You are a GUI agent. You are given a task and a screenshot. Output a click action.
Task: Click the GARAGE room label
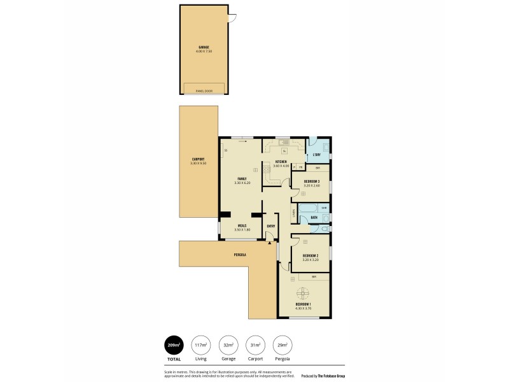pos(204,47)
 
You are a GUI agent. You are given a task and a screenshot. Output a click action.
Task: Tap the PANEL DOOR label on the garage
pos(204,91)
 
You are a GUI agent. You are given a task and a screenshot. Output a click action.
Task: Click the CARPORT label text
pos(198,159)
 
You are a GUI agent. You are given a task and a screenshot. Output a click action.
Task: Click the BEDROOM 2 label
pos(310,256)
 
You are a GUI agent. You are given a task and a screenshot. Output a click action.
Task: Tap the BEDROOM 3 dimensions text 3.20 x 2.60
pos(311,186)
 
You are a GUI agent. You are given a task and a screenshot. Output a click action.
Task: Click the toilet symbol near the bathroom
pos(325,227)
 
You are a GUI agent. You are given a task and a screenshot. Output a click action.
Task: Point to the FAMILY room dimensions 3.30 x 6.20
pos(242,183)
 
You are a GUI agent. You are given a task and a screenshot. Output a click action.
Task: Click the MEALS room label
pos(242,225)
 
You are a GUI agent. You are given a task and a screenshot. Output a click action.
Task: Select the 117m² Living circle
pos(200,345)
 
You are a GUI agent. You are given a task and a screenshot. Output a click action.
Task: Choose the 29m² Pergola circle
pos(281,345)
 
